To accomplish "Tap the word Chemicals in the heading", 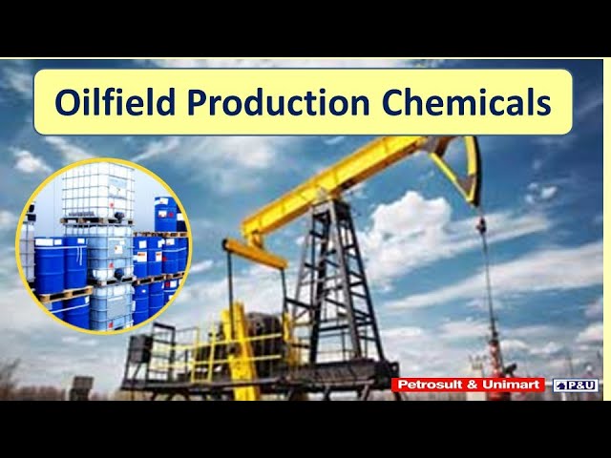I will pos(458,102).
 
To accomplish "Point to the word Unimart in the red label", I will pos(510,385).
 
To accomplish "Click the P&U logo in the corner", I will pos(576,385).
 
